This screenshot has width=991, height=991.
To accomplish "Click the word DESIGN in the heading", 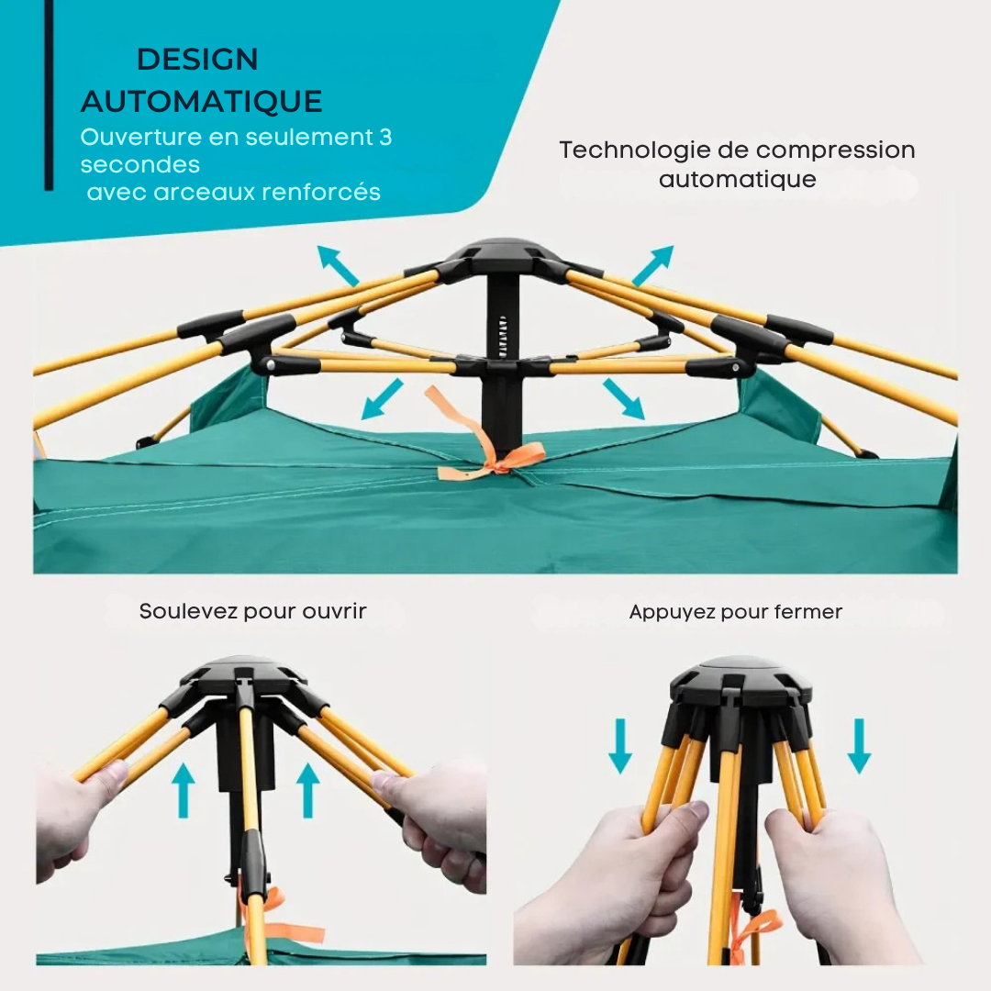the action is [x=197, y=60].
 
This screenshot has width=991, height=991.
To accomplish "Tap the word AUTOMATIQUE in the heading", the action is [x=202, y=101].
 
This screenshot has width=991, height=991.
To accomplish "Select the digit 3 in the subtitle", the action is [x=385, y=137].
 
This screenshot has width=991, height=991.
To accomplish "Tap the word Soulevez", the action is [x=188, y=611].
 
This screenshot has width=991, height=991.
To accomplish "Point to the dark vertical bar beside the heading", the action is [x=49, y=95].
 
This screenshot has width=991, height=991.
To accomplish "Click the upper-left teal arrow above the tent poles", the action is [x=338, y=266].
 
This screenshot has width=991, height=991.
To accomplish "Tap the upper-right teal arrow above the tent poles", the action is [x=653, y=266].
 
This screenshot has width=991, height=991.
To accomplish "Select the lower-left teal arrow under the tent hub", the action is [x=382, y=399].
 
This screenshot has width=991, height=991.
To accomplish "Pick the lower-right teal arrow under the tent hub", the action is [x=624, y=399].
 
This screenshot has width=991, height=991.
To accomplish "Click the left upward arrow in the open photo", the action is [x=184, y=790].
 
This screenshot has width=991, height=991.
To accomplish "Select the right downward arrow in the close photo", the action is [x=859, y=746].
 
